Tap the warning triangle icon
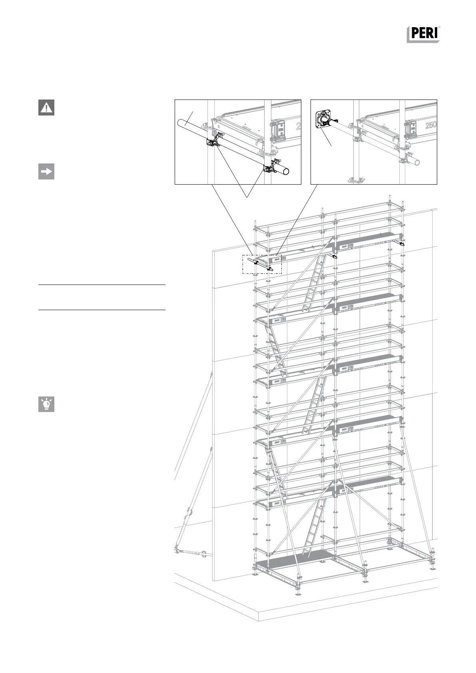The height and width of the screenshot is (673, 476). (x=46, y=108)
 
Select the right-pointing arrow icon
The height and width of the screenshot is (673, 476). (x=46, y=171)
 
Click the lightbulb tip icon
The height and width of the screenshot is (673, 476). (x=46, y=404)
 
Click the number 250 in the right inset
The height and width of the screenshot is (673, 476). (x=430, y=125)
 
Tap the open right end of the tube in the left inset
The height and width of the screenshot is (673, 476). (x=285, y=171)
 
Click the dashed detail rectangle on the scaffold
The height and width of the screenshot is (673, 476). (x=262, y=264)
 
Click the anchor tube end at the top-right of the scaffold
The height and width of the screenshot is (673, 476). (x=402, y=243)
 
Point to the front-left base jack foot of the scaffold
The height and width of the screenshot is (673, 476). (x=297, y=591)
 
